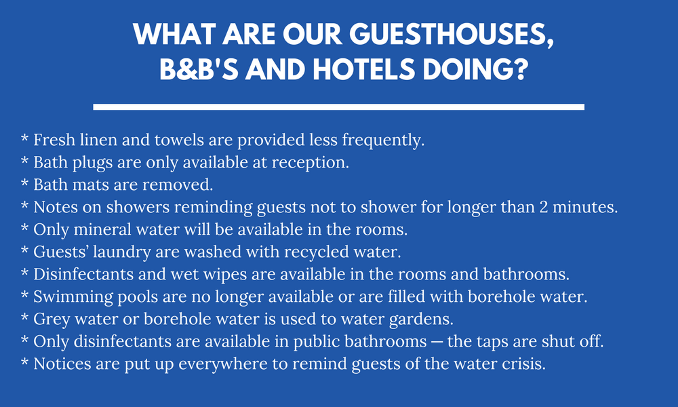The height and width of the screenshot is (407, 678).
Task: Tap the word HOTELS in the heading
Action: tap(363, 70)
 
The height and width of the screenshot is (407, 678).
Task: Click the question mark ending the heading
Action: tap(520, 70)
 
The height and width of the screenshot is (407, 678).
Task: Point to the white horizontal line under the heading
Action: tap(338, 106)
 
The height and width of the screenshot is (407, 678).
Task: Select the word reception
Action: tap(310, 163)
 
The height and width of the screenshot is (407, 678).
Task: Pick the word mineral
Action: tap(102, 230)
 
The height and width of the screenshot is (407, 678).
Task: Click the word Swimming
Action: tap(73, 297)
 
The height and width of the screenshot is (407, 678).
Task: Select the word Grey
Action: tap(52, 319)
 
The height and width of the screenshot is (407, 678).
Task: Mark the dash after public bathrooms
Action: tap(437, 342)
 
